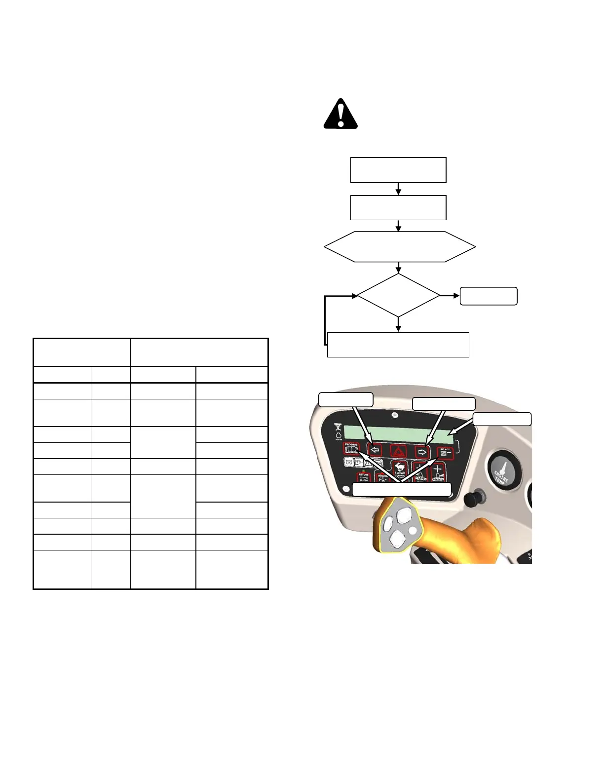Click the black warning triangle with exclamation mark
coord(340,115)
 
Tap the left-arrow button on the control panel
coord(375,450)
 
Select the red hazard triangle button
coord(398,451)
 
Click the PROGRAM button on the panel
coord(351,449)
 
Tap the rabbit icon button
coord(399,468)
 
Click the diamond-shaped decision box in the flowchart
coord(398,295)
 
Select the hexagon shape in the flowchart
coord(400,246)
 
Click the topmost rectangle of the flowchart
coord(398,170)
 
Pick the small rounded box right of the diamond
coord(489,296)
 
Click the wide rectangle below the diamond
coord(398,345)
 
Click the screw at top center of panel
coord(395,415)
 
